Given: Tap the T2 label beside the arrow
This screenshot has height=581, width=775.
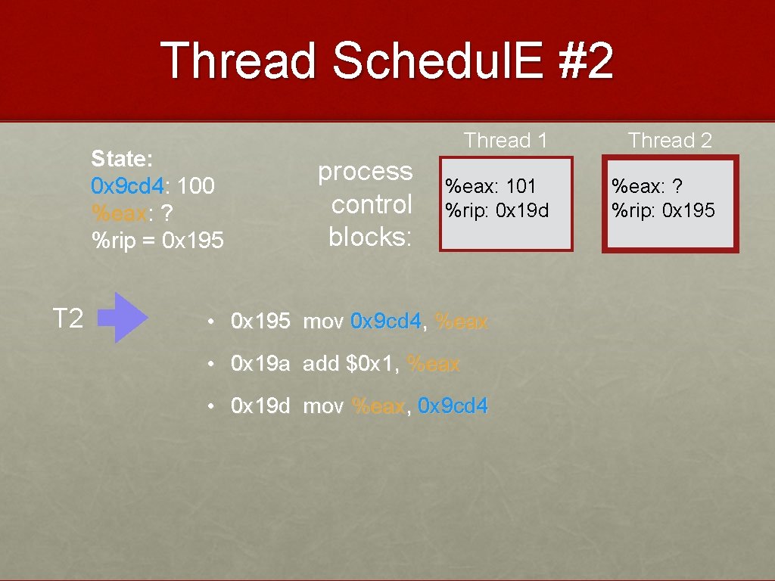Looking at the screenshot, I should coord(67,318).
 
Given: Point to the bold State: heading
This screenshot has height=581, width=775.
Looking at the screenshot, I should coord(122,159).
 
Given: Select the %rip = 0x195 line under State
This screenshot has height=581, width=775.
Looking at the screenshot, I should coord(157,241).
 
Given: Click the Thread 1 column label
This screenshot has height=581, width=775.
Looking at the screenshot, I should coord(506,141).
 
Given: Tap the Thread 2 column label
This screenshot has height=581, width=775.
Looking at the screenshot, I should coord(670,141).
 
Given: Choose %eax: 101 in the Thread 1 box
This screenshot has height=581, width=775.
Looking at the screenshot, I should coord(490,185).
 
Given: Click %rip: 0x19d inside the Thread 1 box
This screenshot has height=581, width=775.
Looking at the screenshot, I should coord(497,210).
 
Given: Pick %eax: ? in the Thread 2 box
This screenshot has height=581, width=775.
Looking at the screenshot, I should coord(648,185).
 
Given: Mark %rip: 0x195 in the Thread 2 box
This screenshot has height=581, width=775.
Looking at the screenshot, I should coord(663,210).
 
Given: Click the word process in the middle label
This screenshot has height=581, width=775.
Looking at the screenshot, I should coord(365,172).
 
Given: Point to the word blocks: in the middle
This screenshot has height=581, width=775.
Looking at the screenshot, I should coord(370,237).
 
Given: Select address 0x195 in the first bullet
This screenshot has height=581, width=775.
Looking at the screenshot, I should coord(260,322).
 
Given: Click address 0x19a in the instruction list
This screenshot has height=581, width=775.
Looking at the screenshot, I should coord(260,364).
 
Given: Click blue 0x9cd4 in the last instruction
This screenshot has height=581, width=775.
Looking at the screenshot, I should coord(453,406).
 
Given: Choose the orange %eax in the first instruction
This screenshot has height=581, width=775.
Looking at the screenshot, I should coord(462,322).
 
